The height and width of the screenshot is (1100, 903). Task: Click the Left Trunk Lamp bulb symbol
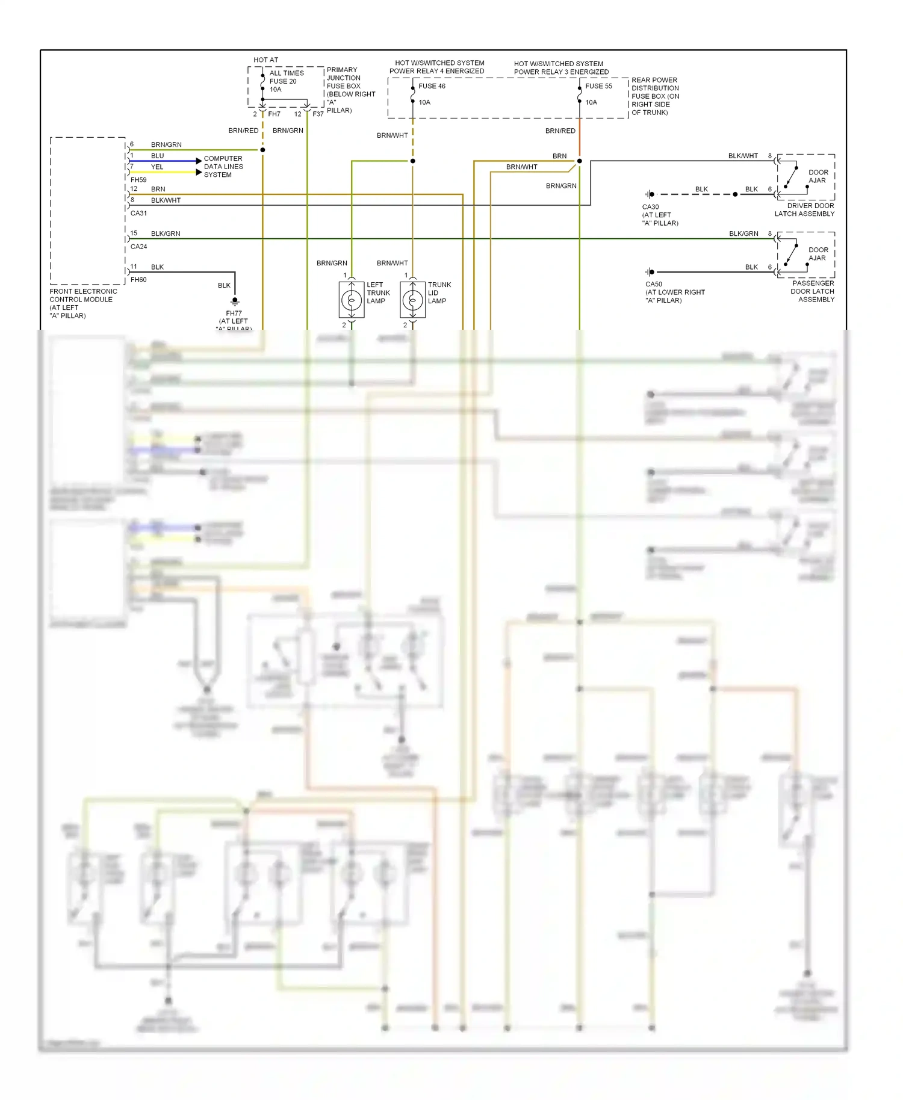click(x=352, y=300)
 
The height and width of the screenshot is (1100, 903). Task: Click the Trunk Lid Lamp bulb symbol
click(x=412, y=300)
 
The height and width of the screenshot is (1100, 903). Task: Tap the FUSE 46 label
click(x=432, y=86)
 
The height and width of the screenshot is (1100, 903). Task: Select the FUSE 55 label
click(x=598, y=86)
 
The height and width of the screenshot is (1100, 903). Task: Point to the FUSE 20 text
click(x=283, y=81)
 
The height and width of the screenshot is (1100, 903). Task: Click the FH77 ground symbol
click(x=235, y=301)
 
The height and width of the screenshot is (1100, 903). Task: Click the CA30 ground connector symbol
click(x=650, y=194)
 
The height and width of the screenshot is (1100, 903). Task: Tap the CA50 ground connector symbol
click(x=650, y=272)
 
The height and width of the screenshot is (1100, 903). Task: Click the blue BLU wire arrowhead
click(x=199, y=161)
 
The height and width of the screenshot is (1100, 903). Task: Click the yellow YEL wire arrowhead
click(x=199, y=172)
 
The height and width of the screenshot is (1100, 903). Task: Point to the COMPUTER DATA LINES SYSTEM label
click(x=223, y=167)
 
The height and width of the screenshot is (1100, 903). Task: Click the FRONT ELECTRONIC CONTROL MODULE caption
click(x=83, y=303)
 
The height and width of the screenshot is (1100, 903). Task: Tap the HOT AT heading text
click(x=265, y=60)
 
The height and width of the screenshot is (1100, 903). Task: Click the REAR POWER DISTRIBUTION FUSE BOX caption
click(x=655, y=96)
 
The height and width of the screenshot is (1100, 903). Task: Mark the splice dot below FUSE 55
click(x=580, y=161)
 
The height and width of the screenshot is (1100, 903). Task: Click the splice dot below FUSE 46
click(x=412, y=161)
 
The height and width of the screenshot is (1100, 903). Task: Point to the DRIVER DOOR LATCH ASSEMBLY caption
click(x=804, y=209)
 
